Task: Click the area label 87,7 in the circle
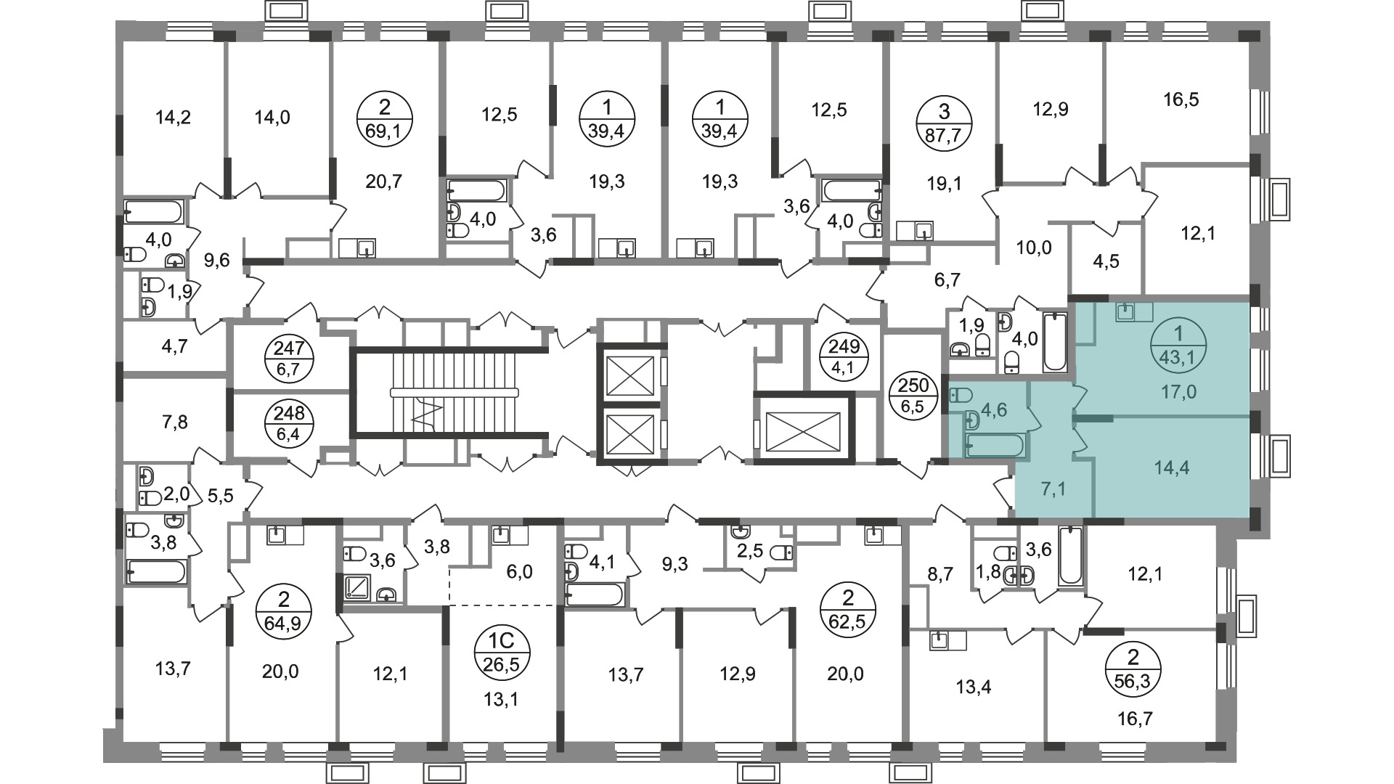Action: (x=943, y=136)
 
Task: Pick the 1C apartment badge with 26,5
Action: (x=503, y=651)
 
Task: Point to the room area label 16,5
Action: (x=1181, y=99)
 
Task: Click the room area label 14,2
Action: (x=174, y=116)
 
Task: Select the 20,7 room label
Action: (x=384, y=181)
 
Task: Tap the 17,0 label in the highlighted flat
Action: (x=1178, y=392)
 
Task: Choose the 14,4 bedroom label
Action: (x=1172, y=467)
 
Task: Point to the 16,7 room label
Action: (x=1136, y=719)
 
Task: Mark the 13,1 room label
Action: (x=502, y=700)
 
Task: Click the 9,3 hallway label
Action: (x=675, y=564)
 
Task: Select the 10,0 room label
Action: (x=1033, y=248)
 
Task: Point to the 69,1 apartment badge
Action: (x=385, y=121)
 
